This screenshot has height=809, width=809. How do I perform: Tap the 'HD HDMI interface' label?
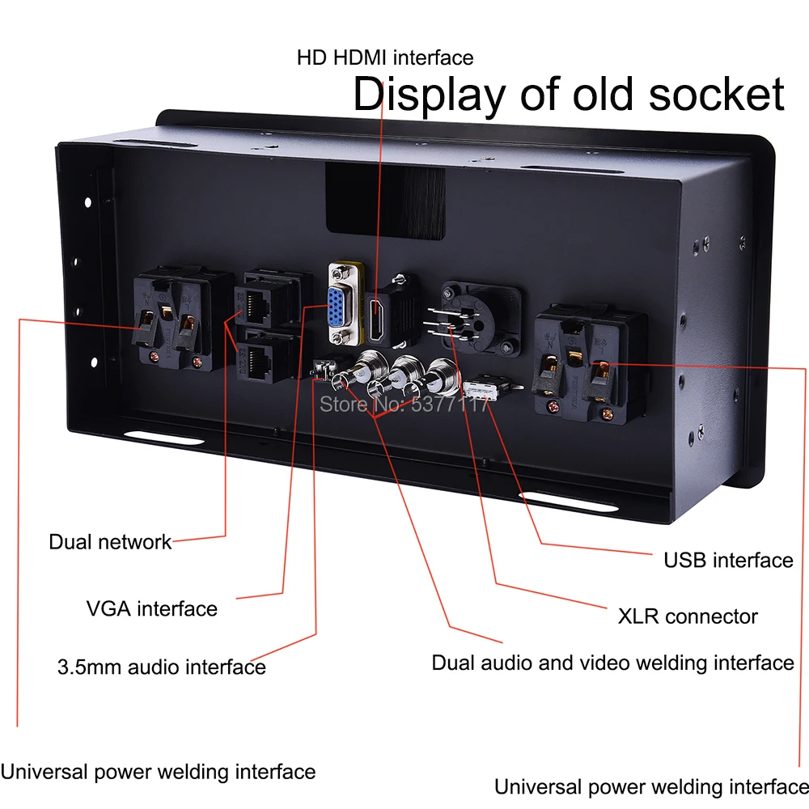coord(385,57)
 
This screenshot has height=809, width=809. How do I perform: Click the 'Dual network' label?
coord(110,542)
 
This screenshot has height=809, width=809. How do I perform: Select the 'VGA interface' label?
coord(152,608)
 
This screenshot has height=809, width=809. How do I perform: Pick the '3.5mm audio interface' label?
coord(162,667)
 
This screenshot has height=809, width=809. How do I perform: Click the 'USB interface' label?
coord(728,560)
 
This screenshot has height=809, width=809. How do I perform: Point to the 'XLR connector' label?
coord(688,616)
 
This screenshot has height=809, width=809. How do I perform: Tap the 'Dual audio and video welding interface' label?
coord(612,663)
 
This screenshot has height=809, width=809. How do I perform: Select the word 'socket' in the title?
coord(718,95)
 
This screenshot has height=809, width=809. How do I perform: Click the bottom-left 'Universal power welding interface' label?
coord(158,772)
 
